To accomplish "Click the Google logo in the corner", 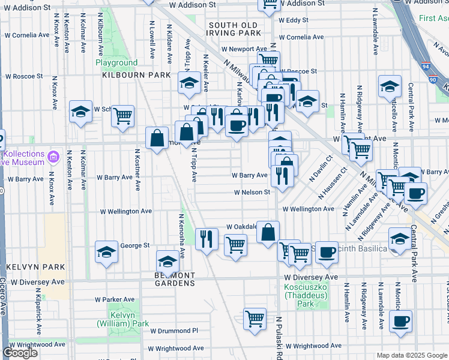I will (x=20, y=353).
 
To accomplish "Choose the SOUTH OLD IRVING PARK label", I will (x=235, y=28).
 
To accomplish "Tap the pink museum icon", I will (x=53, y=157).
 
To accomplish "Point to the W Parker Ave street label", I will (x=115, y=299).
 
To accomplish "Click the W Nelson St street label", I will (x=252, y=192).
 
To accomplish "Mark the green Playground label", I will (x=116, y=62).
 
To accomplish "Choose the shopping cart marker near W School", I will (x=123, y=115).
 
